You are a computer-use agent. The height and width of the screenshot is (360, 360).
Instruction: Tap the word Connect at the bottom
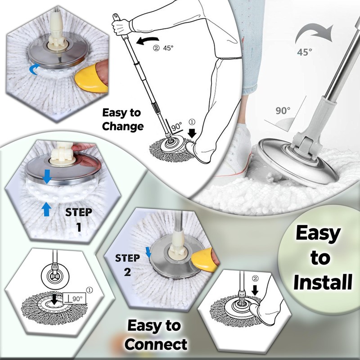click(x=156, y=344)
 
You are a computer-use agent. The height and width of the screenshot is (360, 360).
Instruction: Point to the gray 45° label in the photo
click(x=304, y=52)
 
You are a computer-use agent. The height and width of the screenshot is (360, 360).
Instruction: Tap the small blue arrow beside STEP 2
click(x=148, y=252)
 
